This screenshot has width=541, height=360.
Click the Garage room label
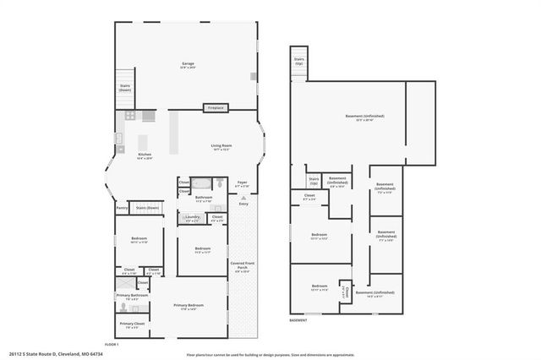tap(187, 64)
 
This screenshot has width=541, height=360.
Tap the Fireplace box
tap(216, 108)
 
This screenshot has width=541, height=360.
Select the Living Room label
tap(221, 146)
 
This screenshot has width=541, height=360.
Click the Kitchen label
tap(145, 155)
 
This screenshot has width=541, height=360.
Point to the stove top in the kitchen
tap(130, 115)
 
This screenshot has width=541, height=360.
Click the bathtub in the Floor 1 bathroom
tap(201, 183)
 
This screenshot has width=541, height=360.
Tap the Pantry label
tap(122, 207)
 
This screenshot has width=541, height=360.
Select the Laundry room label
tap(193, 217)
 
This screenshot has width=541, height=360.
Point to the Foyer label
tap(242, 183)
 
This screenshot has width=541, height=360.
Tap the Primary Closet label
tap(132, 324)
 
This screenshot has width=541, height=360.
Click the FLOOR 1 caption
tap(112, 344)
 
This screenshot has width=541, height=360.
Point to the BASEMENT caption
tap(298, 321)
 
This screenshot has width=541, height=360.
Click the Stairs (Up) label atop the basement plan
tap(299, 61)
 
